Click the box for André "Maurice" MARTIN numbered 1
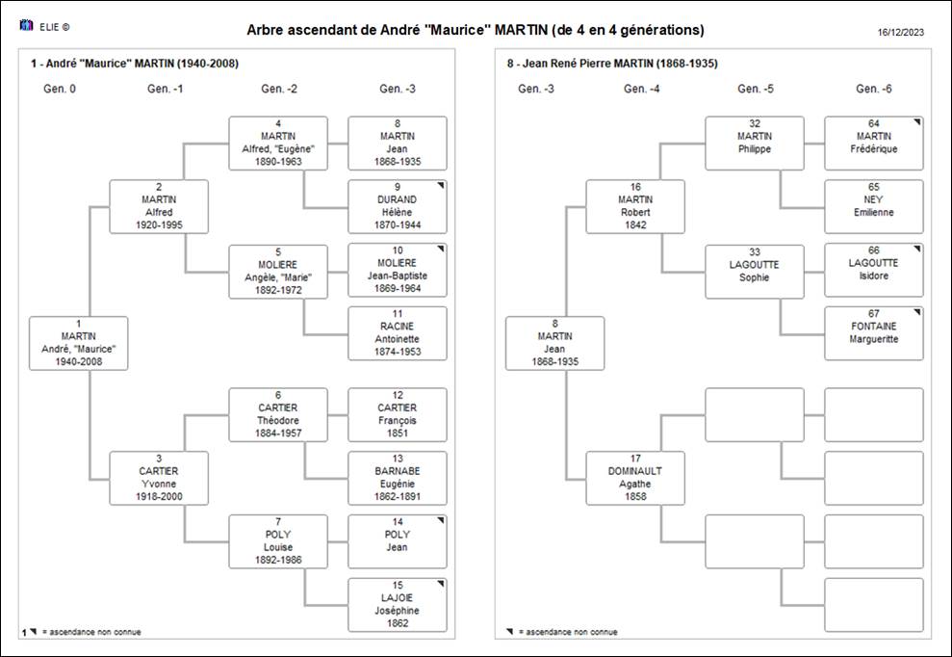click(78, 343)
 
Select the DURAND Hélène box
click(398, 206)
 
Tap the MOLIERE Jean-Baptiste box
click(398, 270)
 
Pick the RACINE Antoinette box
click(398, 333)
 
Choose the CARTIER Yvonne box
click(159, 478)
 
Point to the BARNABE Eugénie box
click(398, 478)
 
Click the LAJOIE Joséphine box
click(398, 605)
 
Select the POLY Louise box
click(278, 541)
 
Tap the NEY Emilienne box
click(874, 206)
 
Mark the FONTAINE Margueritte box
click(874, 333)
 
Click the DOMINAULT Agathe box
click(635, 478)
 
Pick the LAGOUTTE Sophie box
click(755, 272)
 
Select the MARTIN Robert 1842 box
click(635, 206)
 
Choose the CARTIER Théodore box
click(278, 414)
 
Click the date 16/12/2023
click(901, 32)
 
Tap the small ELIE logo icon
click(26, 25)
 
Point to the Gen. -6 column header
click(874, 89)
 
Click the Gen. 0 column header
click(60, 89)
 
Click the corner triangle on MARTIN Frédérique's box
click(918, 121)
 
